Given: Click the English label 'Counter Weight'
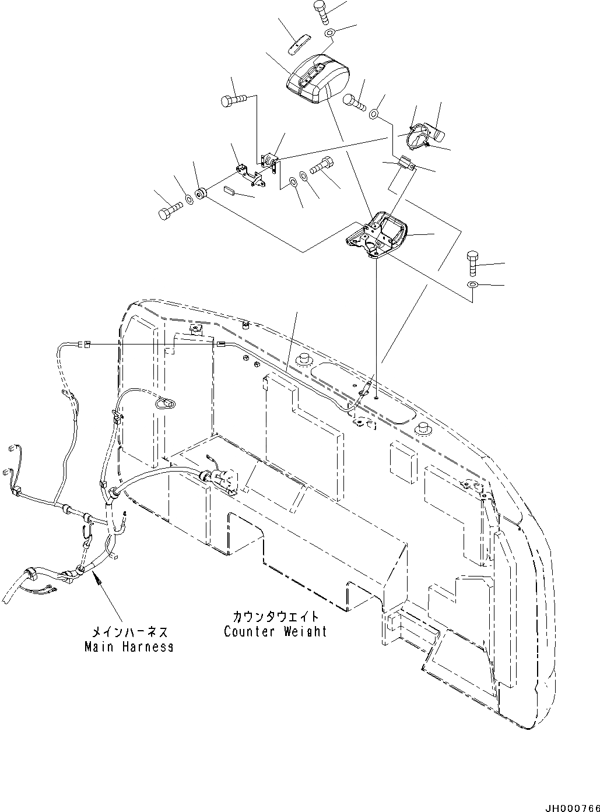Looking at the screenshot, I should pyautogui.click(x=275, y=631).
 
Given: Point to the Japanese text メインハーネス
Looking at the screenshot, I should pyautogui.click(x=129, y=632).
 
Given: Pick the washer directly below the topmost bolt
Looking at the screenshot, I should pyautogui.click(x=329, y=33).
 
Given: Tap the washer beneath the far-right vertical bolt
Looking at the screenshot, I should pyautogui.click(x=472, y=284).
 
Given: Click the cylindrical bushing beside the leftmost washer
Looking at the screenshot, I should pyautogui.click(x=201, y=194).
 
